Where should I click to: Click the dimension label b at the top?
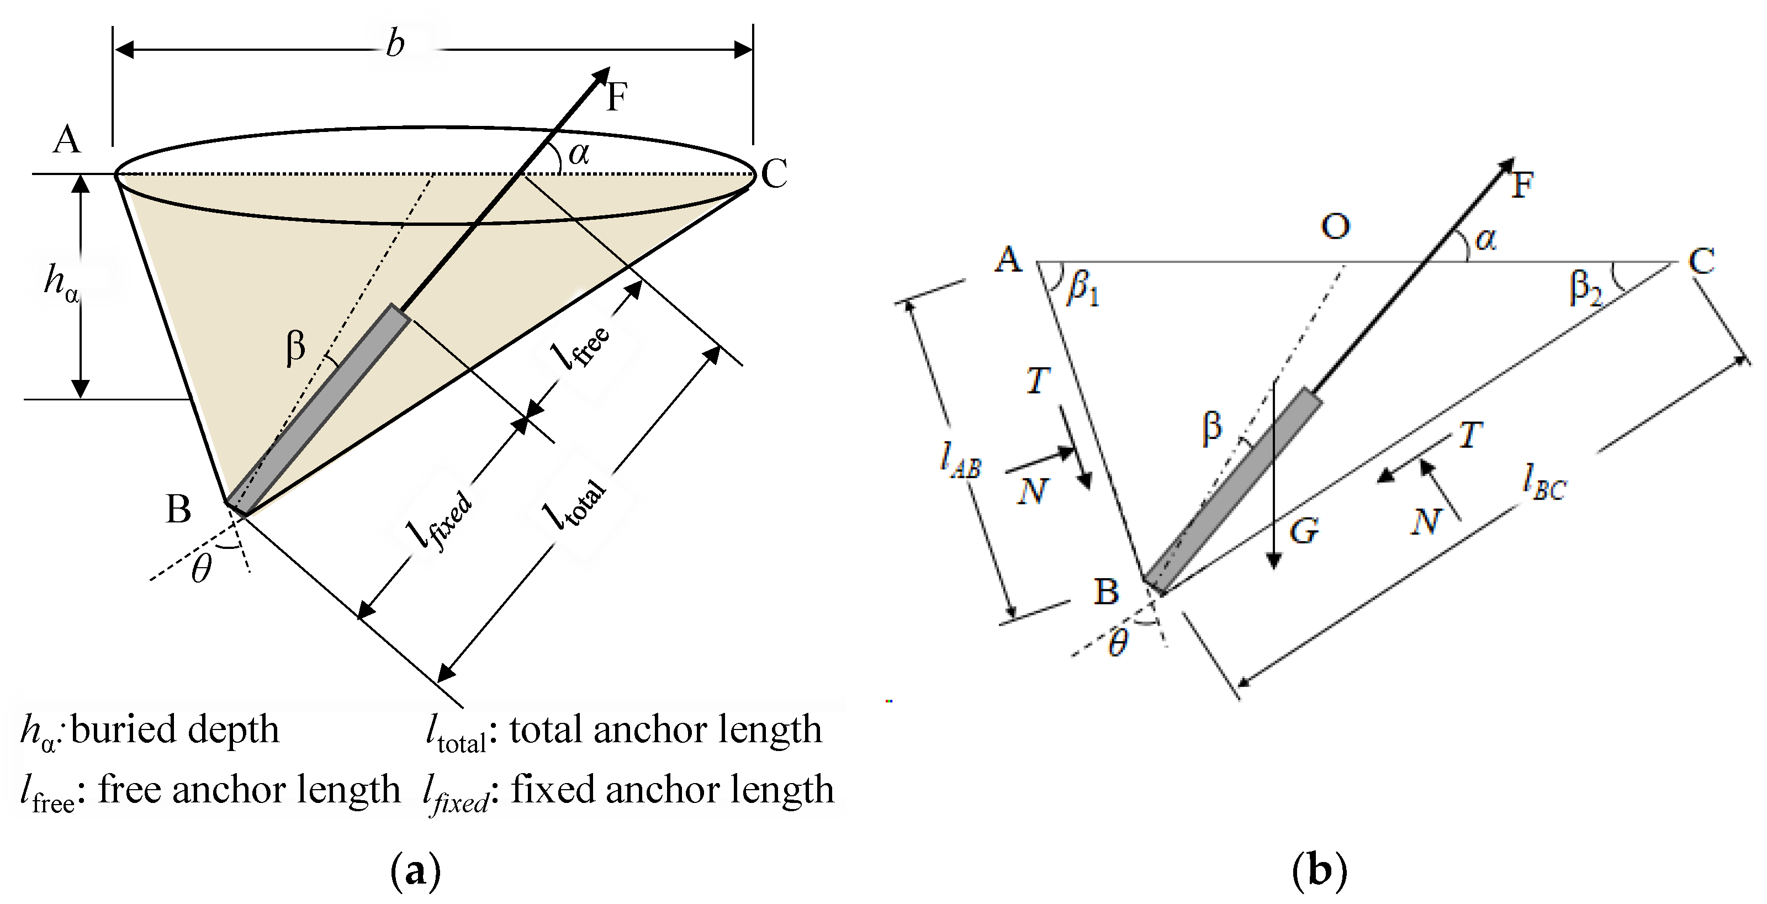pos(395,44)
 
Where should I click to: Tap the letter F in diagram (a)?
pos(617,96)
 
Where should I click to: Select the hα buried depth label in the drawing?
pos(60,281)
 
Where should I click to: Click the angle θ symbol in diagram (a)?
pos(201,569)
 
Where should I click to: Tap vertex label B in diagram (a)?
pos(178,509)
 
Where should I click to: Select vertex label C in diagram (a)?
pos(774,173)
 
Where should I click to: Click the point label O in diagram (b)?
pos(1335,226)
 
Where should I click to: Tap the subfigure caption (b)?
pos(1319,871)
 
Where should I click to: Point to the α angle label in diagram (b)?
pos(1485,239)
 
